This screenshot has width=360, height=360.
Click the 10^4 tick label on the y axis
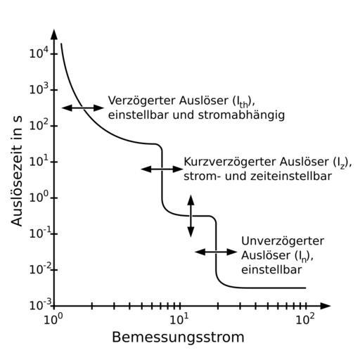click(x=39, y=53)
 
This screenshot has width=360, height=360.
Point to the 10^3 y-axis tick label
click(x=39, y=89)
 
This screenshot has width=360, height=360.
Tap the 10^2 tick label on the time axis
click(x=39, y=125)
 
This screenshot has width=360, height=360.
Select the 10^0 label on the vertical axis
click(x=39, y=197)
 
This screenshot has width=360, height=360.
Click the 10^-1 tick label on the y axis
click(x=40, y=233)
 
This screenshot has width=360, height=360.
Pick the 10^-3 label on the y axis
click(x=40, y=304)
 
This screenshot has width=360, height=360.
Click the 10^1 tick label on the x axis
click(x=179, y=319)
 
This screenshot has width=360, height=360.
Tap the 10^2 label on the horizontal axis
click(x=305, y=319)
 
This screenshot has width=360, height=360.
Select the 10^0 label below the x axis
click(x=53, y=319)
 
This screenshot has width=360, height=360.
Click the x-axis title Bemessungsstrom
click(x=178, y=337)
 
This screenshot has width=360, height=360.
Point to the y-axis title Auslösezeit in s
click(x=17, y=171)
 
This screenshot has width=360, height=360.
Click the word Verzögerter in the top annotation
click(x=142, y=101)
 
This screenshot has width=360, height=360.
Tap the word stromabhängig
click(x=241, y=115)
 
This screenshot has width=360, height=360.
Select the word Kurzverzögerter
click(x=231, y=162)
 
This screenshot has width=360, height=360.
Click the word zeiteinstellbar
click(x=291, y=176)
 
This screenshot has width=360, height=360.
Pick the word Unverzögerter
click(x=283, y=241)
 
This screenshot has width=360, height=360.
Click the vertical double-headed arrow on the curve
click(x=191, y=216)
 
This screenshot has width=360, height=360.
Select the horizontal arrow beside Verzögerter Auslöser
click(x=83, y=108)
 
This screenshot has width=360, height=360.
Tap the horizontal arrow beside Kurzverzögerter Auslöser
click(x=162, y=169)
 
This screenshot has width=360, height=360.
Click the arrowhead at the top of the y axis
click(x=54, y=34)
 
